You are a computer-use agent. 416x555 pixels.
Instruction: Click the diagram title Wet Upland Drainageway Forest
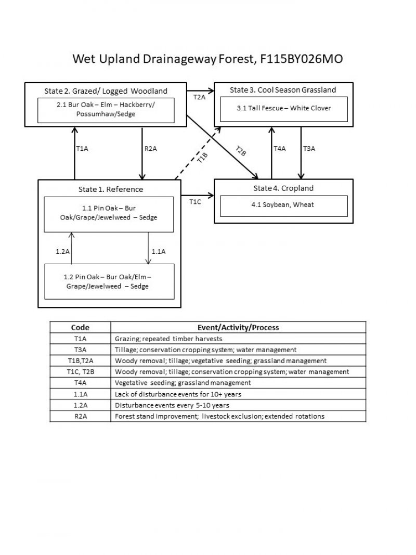[x=207, y=59]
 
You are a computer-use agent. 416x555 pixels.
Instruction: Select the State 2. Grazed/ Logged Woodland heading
[x=106, y=91]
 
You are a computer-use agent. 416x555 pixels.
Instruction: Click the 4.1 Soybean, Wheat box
[x=284, y=205]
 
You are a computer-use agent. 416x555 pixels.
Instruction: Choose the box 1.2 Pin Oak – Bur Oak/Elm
[x=109, y=281]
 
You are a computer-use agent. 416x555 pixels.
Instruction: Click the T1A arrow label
[x=82, y=149]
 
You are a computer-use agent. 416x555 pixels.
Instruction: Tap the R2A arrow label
[x=150, y=149]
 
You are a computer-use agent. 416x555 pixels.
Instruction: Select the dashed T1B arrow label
[x=202, y=158]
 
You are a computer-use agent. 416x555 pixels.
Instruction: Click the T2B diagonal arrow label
[x=240, y=151]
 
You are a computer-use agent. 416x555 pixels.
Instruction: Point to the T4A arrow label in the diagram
[x=280, y=149]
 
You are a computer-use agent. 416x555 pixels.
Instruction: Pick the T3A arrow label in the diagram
[x=309, y=149]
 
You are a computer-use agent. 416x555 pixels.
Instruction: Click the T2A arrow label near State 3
[x=199, y=97]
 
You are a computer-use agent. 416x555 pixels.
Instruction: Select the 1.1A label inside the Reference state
[x=158, y=251]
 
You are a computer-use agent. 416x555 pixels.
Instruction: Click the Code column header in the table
[x=80, y=327]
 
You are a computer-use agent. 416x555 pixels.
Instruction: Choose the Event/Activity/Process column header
[x=238, y=327]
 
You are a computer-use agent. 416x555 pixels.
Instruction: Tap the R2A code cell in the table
[x=80, y=416]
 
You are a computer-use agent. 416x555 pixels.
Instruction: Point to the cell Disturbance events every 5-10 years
[x=172, y=405]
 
